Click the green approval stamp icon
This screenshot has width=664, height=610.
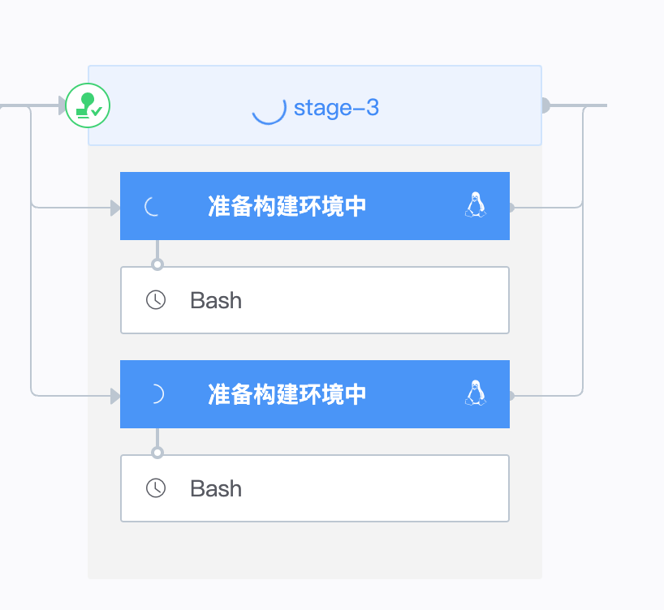tap(88, 105)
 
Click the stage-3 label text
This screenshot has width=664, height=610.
tap(336, 107)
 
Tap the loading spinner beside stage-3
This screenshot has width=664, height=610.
tap(269, 107)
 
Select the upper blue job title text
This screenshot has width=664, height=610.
tap(287, 206)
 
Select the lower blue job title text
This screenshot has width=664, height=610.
tap(287, 394)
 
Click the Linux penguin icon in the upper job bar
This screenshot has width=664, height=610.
tap(476, 205)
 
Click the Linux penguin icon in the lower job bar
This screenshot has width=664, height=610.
tap(476, 393)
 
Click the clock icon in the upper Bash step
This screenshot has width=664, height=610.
tap(156, 300)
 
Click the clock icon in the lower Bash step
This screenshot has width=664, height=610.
tap(156, 488)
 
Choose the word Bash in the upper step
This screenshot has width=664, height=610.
tap(216, 300)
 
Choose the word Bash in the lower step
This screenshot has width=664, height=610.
tap(216, 488)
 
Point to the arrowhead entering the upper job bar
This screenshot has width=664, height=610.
tap(115, 208)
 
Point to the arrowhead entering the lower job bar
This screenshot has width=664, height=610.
tap(115, 396)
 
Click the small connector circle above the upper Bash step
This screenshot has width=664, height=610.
tap(157, 264)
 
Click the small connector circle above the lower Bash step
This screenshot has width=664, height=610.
tap(157, 453)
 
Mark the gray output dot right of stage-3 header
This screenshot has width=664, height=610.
tap(545, 105)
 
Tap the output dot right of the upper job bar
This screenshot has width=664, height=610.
tap(511, 208)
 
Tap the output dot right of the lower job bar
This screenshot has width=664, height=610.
tap(511, 396)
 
